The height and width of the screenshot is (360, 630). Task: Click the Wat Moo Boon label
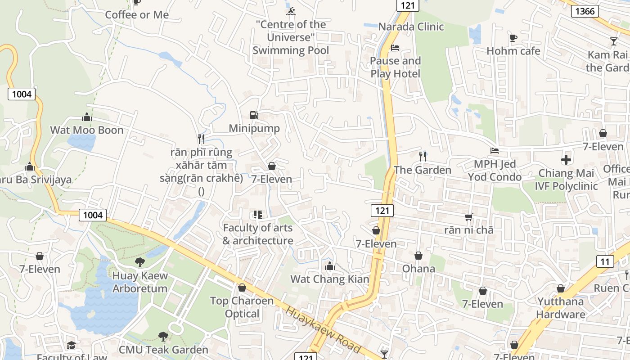point(86,130)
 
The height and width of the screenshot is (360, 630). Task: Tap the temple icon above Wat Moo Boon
point(87,117)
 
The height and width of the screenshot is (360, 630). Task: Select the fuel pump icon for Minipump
point(254,115)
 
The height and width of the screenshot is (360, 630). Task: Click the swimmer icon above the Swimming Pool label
point(291,11)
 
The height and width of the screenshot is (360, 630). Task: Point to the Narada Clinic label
point(410,27)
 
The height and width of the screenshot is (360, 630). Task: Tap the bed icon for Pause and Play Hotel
point(395,47)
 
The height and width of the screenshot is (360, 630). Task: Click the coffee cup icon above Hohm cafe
point(513,38)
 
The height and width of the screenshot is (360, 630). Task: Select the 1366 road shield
point(585,11)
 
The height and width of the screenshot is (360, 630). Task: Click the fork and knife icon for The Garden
point(422,156)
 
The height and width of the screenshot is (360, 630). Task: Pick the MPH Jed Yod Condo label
point(495,171)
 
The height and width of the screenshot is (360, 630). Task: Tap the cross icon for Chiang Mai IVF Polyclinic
point(566,160)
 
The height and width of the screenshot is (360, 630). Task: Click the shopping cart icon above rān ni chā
point(468,217)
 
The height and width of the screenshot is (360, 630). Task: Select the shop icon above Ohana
point(418,256)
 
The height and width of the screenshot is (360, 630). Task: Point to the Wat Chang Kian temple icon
point(330,266)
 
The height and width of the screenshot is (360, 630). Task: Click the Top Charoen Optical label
point(242,307)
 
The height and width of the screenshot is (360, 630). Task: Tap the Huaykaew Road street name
point(323,330)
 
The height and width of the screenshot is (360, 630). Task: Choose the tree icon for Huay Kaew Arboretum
point(140,262)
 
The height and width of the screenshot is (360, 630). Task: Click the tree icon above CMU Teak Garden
point(163,336)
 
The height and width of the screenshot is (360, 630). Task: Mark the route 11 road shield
point(605,261)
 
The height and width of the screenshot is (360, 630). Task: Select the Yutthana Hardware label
point(560,308)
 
